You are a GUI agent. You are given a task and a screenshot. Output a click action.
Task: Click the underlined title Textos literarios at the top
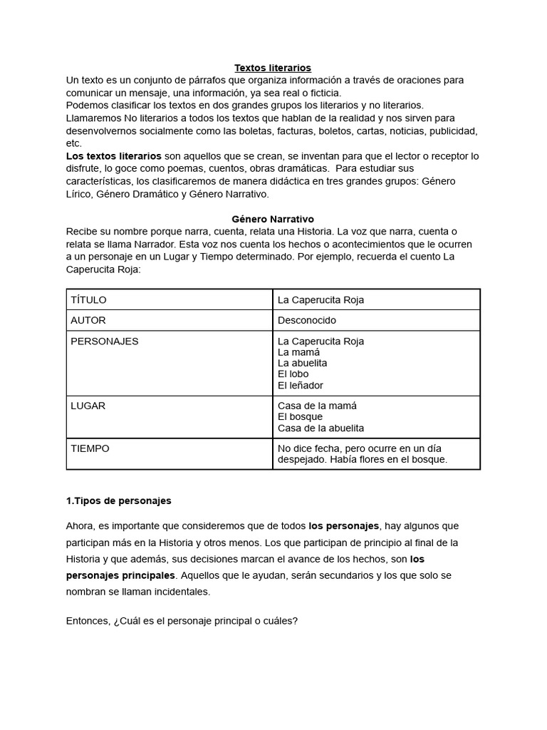(273, 68)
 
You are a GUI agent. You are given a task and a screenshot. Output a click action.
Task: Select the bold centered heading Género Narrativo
(273, 220)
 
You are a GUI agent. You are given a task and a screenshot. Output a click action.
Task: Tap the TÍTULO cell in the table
(89, 300)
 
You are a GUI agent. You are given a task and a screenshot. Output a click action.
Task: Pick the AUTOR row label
(88, 320)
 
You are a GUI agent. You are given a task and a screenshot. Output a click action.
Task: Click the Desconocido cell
(307, 320)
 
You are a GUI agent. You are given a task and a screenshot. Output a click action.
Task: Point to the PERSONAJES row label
(105, 341)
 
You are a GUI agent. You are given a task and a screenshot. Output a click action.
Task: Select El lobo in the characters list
(293, 374)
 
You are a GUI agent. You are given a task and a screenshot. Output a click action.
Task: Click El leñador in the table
(301, 386)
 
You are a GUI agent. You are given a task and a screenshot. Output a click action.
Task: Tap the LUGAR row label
(88, 406)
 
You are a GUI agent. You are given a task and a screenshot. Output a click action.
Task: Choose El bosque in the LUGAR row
(301, 417)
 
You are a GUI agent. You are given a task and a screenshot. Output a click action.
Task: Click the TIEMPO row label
(90, 448)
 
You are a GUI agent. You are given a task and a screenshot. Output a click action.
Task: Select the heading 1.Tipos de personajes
(118, 501)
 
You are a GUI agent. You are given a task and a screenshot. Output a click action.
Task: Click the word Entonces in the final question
(88, 621)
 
